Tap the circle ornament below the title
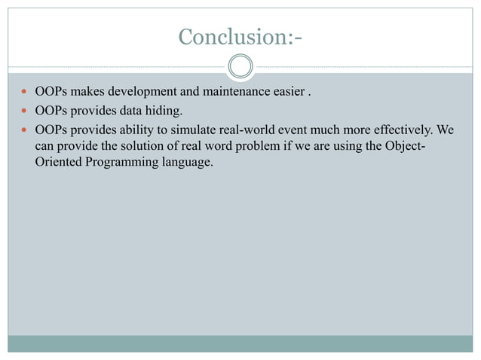pos(240,67)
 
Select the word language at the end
pos(182,161)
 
